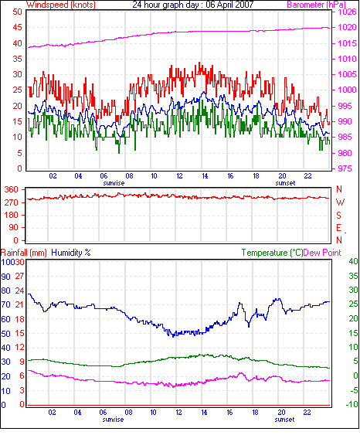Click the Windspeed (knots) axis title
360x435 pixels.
coord(61,5)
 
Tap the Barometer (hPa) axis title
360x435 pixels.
coord(317,5)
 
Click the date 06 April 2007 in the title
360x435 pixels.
coord(229,5)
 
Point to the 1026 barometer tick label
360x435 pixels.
coord(347,12)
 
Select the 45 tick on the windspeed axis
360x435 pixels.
coord(17,27)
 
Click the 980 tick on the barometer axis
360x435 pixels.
coord(345,153)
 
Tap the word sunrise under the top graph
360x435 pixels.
coord(114,183)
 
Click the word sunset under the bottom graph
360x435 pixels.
coord(284,420)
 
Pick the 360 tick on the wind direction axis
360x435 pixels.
coord(11,190)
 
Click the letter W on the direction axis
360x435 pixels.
coord(340,202)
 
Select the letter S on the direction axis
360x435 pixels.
coord(338,215)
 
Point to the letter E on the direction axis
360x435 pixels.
coord(338,228)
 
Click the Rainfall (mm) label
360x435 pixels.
coord(24,253)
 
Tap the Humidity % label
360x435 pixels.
coord(71,253)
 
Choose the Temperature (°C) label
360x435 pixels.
coord(272,253)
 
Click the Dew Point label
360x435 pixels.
coord(322,253)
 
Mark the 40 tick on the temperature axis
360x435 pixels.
coord(353,261)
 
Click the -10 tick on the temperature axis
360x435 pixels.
coord(352,404)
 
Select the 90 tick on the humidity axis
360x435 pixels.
coord(5,277)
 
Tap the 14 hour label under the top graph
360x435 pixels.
coord(205,176)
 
